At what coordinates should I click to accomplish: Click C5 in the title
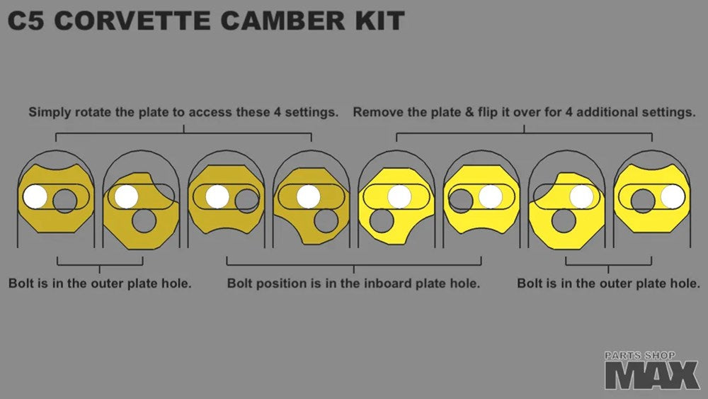(x=26, y=21)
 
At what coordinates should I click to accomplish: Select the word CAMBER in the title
(x=284, y=21)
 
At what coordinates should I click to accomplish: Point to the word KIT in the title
(x=379, y=21)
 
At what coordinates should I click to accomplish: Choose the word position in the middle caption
(x=280, y=283)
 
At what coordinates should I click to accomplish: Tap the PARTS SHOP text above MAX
(x=640, y=356)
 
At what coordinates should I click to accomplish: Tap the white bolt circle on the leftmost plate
(x=35, y=197)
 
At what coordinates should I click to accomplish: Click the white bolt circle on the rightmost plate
(x=673, y=197)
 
